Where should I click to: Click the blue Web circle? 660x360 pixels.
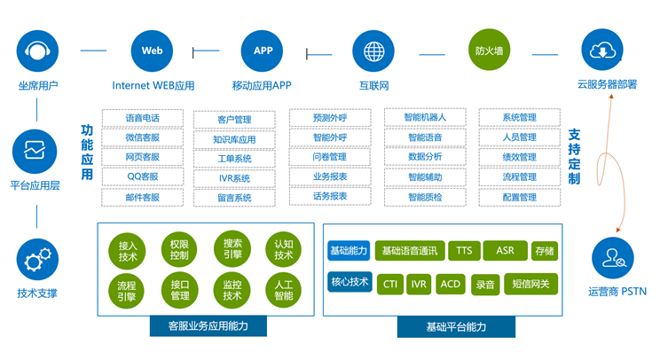tap(152, 51)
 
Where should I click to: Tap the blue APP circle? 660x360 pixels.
tap(263, 51)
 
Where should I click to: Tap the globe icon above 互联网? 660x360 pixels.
tap(374, 51)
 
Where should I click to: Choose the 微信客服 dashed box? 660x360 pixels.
tap(142, 137)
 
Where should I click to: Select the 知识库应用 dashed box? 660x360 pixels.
tap(234, 140)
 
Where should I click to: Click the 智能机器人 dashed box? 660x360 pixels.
tap(424, 117)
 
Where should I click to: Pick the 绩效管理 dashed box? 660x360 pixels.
tap(519, 157)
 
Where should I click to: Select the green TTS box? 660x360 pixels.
tap(464, 251)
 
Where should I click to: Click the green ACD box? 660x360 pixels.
tap(451, 285)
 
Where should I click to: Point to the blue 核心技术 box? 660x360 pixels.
tap(350, 283)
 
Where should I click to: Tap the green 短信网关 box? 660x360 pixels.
tap(531, 285)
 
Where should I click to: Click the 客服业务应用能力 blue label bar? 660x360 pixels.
tap(208, 326)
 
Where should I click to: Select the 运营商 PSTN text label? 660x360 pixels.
tap(617, 291)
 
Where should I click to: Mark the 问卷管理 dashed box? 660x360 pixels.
tap(329, 157)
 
